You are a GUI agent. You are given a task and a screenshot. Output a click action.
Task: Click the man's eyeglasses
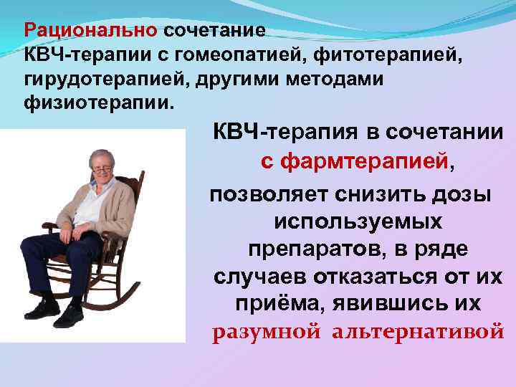tap(102, 168)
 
